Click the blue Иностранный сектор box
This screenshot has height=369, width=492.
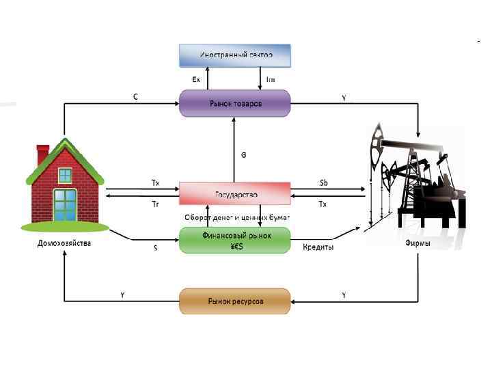[x=235, y=55]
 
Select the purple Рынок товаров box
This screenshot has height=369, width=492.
[x=235, y=103]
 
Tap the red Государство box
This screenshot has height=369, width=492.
[x=235, y=194]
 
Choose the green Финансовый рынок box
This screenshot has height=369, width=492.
[x=235, y=241]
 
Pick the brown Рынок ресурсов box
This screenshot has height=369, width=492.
[x=235, y=300]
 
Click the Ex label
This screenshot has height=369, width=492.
[x=196, y=80]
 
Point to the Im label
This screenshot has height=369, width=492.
[x=271, y=80]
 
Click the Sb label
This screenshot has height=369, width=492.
[x=323, y=182]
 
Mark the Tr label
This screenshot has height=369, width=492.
[x=155, y=204]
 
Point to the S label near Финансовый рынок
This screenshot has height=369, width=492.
[x=155, y=248]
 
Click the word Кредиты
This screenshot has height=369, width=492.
[x=318, y=247]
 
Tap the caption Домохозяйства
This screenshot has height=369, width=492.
[x=64, y=243]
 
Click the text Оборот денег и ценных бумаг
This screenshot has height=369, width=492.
[x=237, y=217]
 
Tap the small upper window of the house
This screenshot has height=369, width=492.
[x=65, y=175]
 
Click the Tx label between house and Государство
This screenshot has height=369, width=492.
[x=155, y=182]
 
